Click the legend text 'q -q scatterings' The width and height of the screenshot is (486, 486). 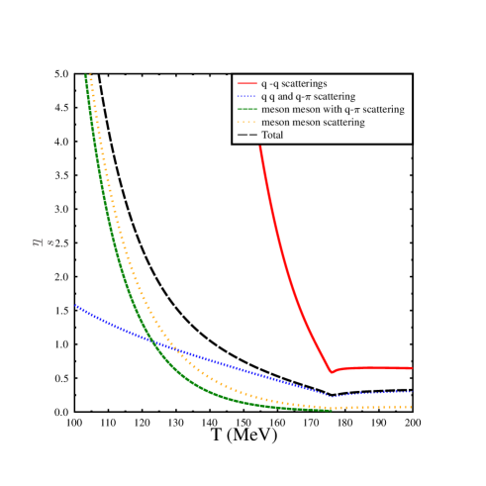(294, 84)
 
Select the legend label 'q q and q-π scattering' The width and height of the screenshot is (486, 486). (308, 97)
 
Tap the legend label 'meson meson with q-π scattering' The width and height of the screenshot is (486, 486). (332, 110)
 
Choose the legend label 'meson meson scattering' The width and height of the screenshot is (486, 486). (313, 123)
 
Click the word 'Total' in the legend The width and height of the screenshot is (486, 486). (272, 135)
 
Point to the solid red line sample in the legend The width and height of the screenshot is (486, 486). (246, 84)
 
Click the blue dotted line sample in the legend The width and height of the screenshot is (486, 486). (246, 97)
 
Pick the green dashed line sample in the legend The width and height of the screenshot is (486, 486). (246, 110)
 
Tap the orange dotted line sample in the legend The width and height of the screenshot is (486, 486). (246, 123)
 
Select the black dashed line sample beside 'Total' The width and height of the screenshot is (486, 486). (246, 135)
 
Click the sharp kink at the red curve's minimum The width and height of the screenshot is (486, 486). (331, 372)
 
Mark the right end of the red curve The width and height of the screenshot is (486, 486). (411, 367)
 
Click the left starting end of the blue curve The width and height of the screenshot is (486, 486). (75, 305)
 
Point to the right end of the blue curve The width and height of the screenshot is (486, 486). (411, 393)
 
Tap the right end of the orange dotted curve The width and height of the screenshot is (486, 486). (411, 407)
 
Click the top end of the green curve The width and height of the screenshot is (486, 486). (86, 74)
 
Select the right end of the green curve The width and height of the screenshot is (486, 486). (331, 409)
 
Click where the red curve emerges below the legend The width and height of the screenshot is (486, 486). (260, 146)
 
